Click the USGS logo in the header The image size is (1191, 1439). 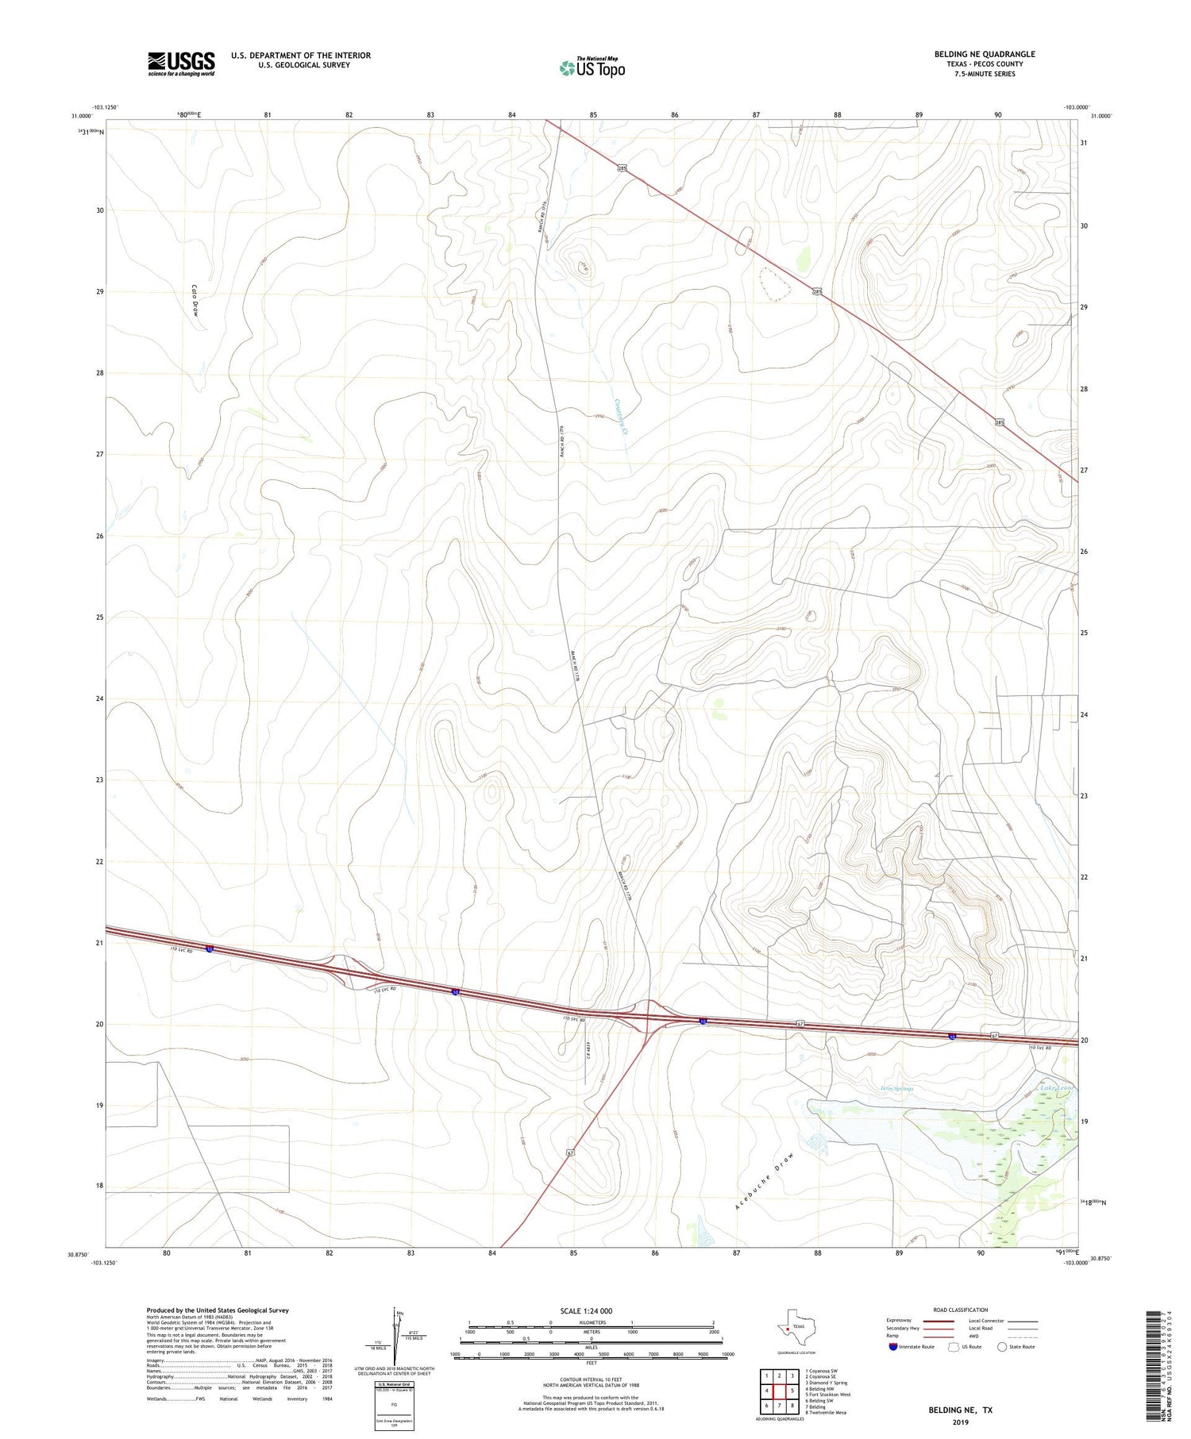[x=181, y=63]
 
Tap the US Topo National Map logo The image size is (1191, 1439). [x=592, y=68]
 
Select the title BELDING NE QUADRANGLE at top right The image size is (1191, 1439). [x=984, y=54]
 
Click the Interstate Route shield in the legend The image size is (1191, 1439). [x=893, y=1347]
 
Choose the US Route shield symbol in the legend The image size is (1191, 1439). [x=954, y=1347]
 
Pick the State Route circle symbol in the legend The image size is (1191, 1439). [x=1002, y=1347]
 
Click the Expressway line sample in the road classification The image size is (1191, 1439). [x=937, y=1321]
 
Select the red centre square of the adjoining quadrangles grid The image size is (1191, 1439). [x=779, y=1391]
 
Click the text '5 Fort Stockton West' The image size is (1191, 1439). [x=827, y=1395]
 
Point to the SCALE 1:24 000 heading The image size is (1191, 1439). [x=591, y=1310]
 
